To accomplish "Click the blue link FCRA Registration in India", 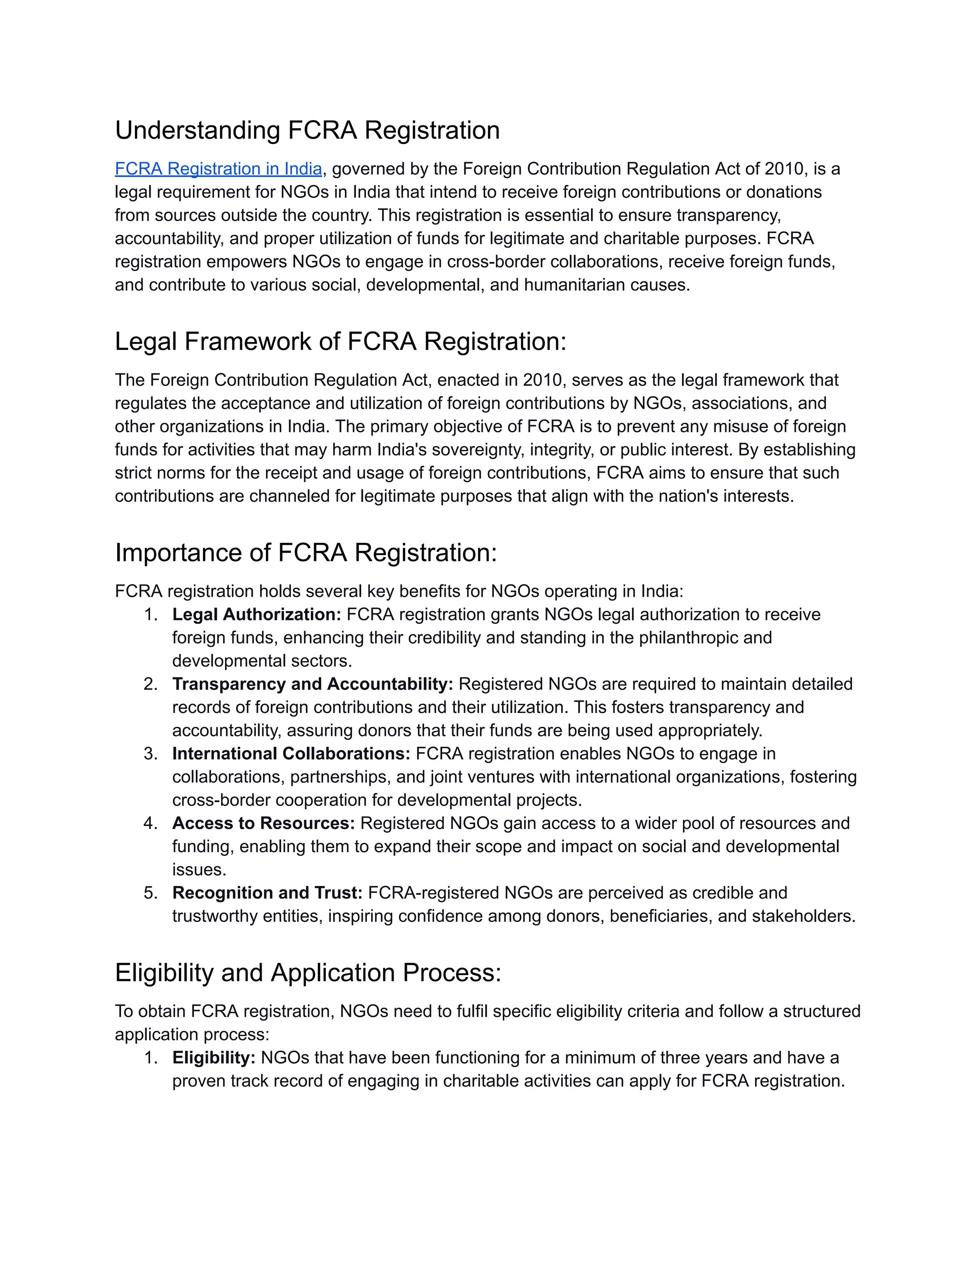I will coord(218,169).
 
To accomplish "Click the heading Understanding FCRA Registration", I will coord(307,130).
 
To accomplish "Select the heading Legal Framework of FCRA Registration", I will coord(340,341).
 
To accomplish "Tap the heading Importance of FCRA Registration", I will coord(306,552).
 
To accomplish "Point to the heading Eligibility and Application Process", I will coord(307,972).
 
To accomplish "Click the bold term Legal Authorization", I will coord(256,614).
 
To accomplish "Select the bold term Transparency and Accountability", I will coord(312,684).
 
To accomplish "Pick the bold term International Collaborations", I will coord(291,754).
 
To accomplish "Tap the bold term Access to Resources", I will coord(263,823).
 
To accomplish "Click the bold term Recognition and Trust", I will coord(267,892).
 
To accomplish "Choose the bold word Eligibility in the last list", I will coord(213,1058).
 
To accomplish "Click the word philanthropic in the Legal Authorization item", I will coord(694,637).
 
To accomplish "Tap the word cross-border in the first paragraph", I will coord(496,262).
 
